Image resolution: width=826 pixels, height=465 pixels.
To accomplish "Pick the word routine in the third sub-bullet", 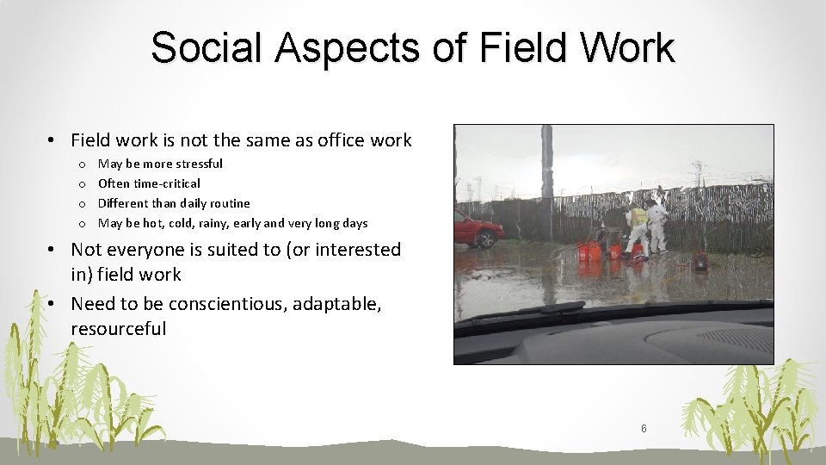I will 230,203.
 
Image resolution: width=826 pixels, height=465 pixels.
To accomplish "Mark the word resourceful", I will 119,329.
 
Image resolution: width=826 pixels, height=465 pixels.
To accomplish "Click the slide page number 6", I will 644,428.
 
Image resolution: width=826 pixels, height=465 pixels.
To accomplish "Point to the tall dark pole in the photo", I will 546,172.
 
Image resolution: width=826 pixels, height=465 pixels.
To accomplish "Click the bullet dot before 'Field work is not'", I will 52,140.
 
